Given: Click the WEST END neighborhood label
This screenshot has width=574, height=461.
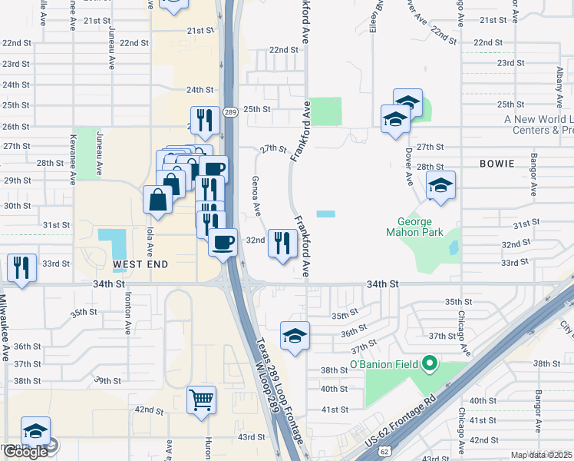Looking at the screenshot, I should click(x=140, y=264).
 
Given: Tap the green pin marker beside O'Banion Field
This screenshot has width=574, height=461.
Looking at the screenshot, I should click(x=430, y=363).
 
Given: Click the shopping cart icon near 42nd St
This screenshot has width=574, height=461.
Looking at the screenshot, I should click(x=201, y=399).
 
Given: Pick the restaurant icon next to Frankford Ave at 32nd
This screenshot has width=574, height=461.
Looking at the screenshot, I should click(x=282, y=243).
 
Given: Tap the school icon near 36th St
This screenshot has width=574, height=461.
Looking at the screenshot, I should click(x=295, y=335).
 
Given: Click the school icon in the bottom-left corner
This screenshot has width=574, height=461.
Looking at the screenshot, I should click(x=35, y=431).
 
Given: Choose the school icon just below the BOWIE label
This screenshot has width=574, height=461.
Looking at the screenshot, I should click(x=440, y=184).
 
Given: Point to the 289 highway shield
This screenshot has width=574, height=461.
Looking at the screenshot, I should click(x=229, y=112).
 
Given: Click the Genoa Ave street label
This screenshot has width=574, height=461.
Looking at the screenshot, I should click(x=256, y=197).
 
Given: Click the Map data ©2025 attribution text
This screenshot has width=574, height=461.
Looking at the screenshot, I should click(x=542, y=455).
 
